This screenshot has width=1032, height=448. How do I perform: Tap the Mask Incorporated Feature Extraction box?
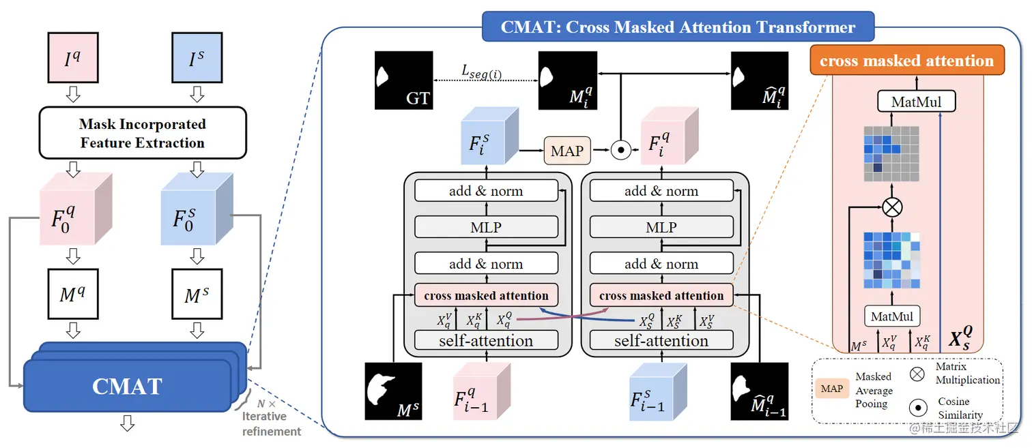(x=142, y=133)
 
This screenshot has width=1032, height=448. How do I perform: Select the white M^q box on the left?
(x=73, y=295)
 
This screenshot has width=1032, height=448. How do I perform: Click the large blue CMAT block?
(x=128, y=386)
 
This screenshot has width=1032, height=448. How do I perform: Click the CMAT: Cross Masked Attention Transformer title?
(x=677, y=27)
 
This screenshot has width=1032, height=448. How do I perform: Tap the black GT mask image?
(x=403, y=80)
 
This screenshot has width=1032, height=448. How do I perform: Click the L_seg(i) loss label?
(x=481, y=72)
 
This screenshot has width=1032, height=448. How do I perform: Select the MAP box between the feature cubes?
(x=567, y=151)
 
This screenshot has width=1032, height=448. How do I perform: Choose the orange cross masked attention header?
(x=906, y=61)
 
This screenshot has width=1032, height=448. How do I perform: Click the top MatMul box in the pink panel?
(x=916, y=102)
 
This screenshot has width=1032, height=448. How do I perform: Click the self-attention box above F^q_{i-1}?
(x=486, y=340)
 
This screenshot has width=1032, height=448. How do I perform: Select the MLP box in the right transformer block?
(x=661, y=227)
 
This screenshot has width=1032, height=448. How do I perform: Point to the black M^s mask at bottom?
(x=393, y=391)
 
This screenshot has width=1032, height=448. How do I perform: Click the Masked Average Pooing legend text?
(x=874, y=390)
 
